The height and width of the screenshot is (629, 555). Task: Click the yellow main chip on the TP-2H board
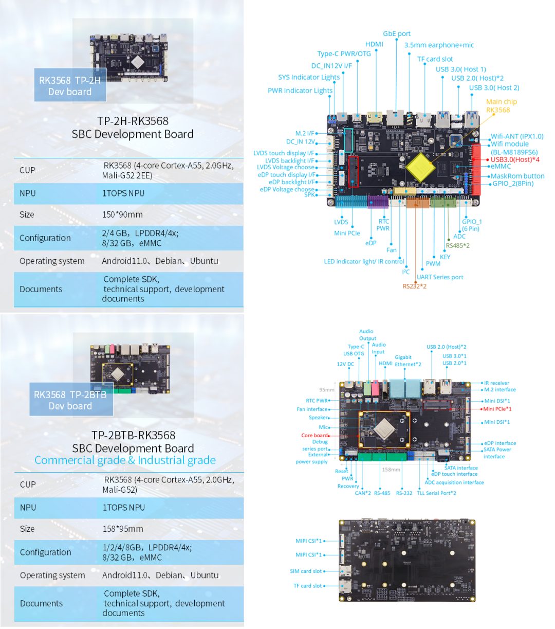[420, 167]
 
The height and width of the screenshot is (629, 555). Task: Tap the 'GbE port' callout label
[397, 34]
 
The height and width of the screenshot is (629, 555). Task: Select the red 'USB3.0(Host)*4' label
[515, 159]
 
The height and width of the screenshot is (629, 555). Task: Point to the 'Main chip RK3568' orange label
[501, 105]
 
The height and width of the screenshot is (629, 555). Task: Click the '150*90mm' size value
[122, 214]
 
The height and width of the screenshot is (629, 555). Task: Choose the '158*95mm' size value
[123, 529]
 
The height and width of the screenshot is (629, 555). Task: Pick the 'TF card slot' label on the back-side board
[307, 586]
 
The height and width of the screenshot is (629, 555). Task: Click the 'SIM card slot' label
[306, 571]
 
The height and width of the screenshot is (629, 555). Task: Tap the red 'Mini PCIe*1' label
[497, 409]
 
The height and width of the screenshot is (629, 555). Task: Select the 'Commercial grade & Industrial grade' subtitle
[125, 460]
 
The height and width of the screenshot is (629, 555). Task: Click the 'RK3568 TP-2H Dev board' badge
[70, 86]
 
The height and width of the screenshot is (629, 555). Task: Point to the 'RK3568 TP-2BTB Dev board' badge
[70, 400]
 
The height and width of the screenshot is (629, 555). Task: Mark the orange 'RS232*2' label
[414, 286]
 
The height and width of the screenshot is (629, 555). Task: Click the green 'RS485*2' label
[457, 245]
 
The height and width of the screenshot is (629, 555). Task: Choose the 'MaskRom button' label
[517, 176]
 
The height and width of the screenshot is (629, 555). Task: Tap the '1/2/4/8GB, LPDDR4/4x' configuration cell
[147, 552]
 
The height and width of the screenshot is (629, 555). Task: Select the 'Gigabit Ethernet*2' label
[408, 361]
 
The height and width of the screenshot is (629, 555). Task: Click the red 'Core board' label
[314, 435]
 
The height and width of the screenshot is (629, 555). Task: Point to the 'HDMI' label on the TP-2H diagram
[374, 44]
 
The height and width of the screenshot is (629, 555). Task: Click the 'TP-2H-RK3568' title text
[133, 121]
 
